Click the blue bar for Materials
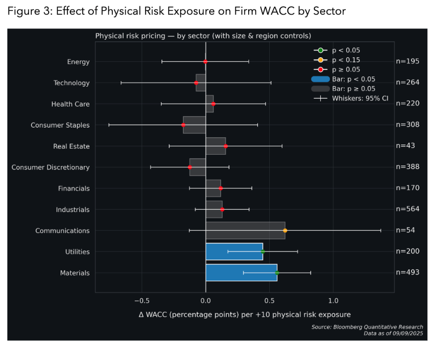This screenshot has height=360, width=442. (241, 273)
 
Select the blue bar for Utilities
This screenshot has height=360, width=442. (233, 252)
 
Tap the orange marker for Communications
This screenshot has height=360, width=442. (285, 231)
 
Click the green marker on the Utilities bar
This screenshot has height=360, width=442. (262, 252)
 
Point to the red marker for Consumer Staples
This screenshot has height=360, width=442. (183, 125)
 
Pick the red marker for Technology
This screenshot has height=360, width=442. (196, 83)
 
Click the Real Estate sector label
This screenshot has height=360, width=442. (71, 146)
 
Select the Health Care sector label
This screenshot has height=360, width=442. (70, 104)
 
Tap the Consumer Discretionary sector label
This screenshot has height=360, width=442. (50, 167)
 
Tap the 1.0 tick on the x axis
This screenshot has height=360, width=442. (333, 300)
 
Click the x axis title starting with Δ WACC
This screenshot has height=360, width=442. (244, 314)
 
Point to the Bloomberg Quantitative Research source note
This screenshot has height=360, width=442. (367, 327)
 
